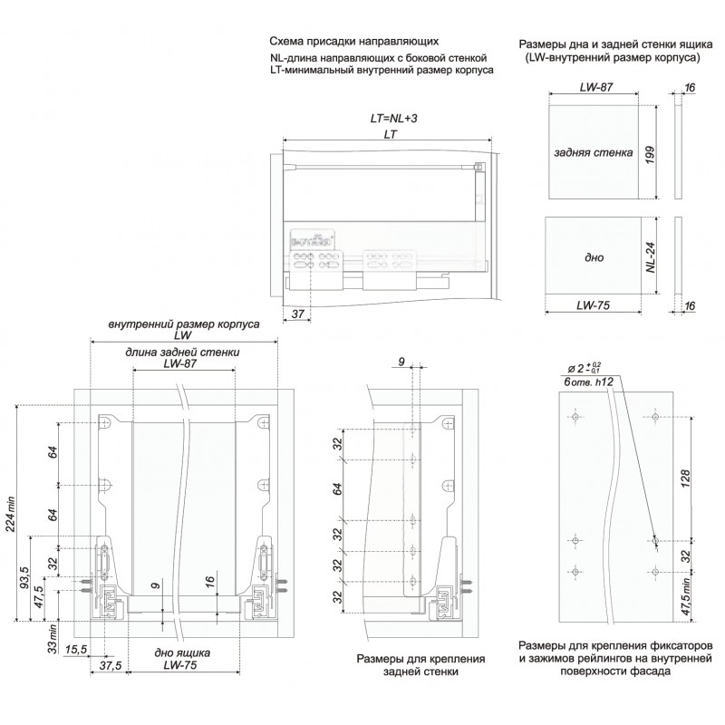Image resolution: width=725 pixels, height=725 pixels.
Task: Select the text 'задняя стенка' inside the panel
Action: tap(593, 153)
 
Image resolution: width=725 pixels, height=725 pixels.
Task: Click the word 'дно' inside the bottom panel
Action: tap(594, 257)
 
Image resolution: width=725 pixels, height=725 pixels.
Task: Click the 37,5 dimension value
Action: tap(111, 665)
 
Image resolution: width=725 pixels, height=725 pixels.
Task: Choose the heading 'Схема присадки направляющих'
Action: tap(354, 42)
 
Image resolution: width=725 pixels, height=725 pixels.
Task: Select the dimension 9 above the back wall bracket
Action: tap(401, 363)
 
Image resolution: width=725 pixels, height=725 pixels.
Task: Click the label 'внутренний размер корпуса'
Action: tap(184, 324)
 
